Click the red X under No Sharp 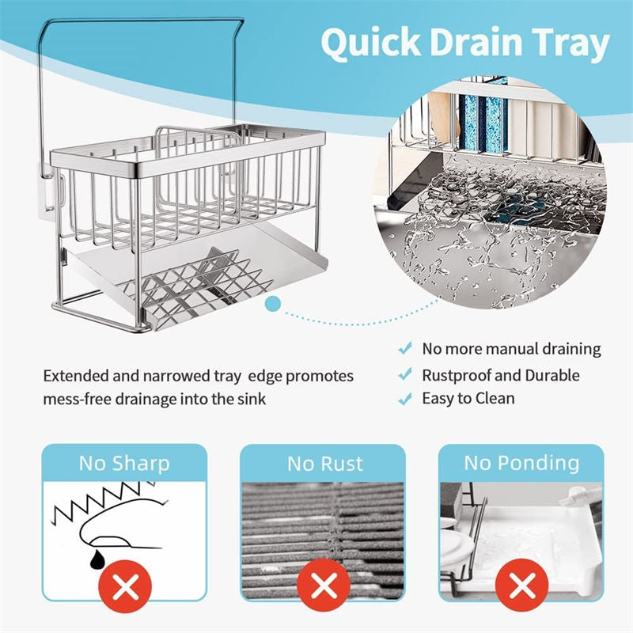point(125,586)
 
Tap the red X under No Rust point(324,585)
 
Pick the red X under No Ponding point(521,585)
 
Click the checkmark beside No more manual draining point(405,348)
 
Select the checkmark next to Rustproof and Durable point(405,374)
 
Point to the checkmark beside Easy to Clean point(405,399)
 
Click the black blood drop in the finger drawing point(97,559)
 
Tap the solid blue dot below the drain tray point(274,304)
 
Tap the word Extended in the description point(76,375)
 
